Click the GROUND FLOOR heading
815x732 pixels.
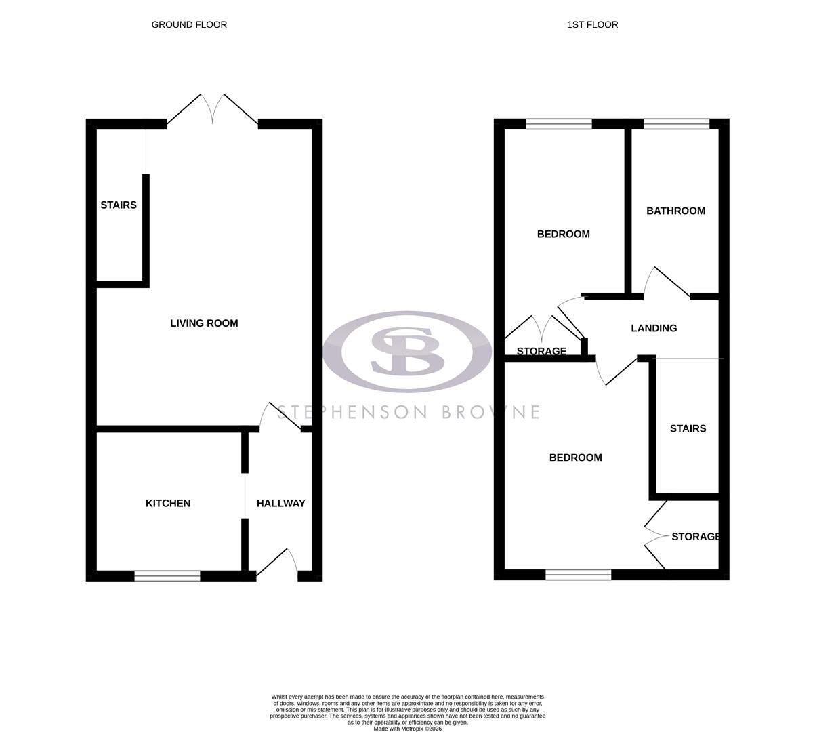point(189,25)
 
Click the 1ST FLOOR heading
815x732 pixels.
point(592,25)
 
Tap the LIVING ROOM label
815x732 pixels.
point(204,323)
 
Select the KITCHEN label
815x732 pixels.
point(168,503)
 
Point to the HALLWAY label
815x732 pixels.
point(280,503)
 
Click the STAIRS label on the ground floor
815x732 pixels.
point(119,205)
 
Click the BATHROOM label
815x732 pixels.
point(675,211)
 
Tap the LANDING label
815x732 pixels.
point(654,328)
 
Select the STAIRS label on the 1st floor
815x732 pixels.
point(688,428)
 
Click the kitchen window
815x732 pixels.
point(167,575)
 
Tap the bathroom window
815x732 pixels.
point(676,123)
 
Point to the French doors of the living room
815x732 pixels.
point(213,108)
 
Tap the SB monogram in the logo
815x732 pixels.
point(407,350)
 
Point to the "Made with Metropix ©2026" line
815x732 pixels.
point(407,729)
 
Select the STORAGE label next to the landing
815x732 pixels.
point(541,351)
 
